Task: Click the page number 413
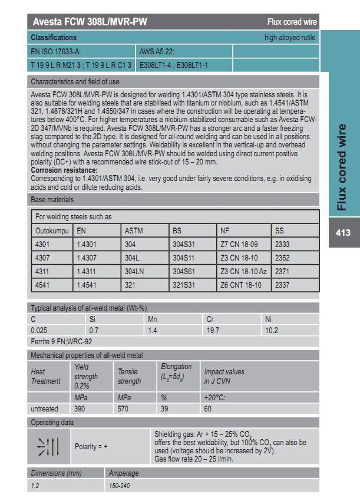pyautogui.click(x=342, y=232)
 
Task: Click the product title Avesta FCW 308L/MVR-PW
pyautogui.click(x=89, y=22)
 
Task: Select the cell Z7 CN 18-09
pyautogui.click(x=239, y=243)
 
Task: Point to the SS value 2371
pyautogui.click(x=283, y=272)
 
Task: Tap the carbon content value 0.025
pyautogui.click(x=39, y=330)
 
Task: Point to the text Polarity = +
pyautogui.click(x=91, y=447)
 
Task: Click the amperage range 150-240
pyautogui.click(x=121, y=485)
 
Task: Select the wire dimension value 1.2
pyautogui.click(x=35, y=485)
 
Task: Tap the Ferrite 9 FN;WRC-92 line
pyautogui.click(x=61, y=341)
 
